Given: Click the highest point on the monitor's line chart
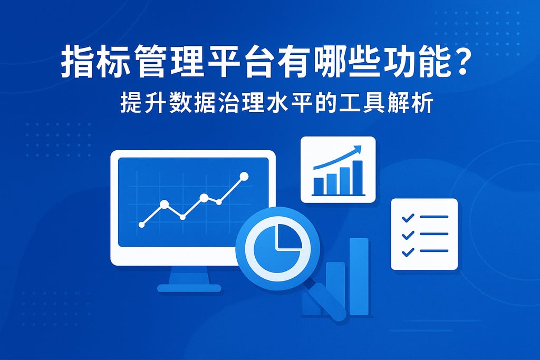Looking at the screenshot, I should pos(244,176).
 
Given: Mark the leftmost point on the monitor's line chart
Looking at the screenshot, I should pos(141,225).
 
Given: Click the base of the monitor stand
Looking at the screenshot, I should pos(189,288).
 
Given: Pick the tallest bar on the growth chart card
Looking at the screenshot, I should pos(358,177).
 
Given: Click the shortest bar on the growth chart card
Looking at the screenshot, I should pos(319,186).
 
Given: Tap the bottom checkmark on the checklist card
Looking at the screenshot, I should pos(407,251).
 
